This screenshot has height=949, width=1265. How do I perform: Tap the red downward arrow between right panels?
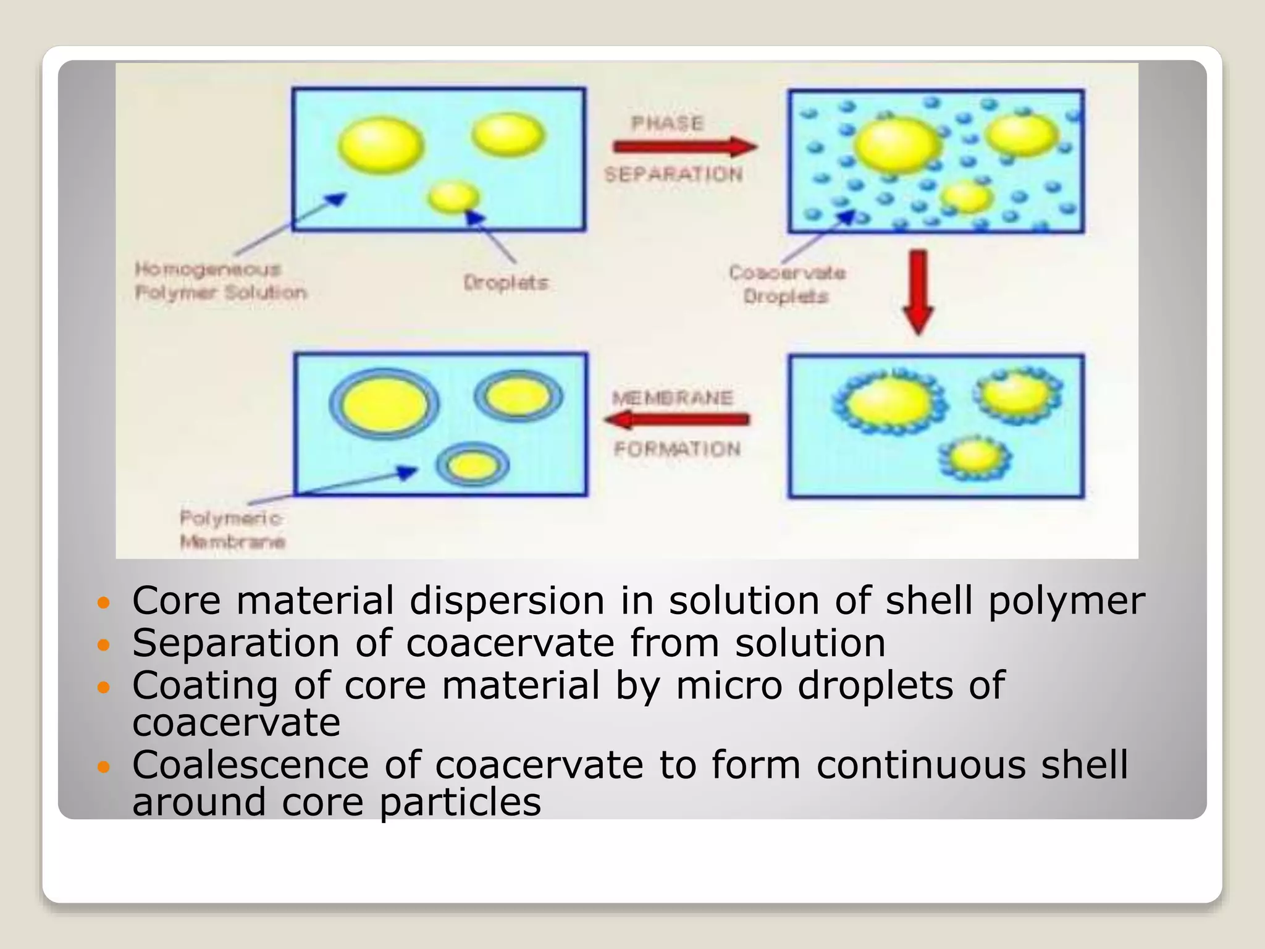pos(918,290)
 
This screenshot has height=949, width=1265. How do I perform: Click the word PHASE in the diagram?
pos(667,123)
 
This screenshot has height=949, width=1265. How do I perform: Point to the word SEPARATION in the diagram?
pos(673,174)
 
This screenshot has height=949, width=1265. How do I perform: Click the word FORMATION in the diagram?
pos(677,449)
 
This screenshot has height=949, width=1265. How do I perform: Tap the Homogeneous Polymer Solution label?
pos(221,280)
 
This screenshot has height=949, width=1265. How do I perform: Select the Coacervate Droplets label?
pos(786,284)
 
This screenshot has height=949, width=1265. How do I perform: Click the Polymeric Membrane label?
pos(232,530)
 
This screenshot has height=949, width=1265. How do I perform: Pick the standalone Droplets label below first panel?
pos(506,282)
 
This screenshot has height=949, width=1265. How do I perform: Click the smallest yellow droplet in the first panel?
pos(454,197)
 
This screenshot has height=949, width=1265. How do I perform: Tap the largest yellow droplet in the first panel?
pos(381,145)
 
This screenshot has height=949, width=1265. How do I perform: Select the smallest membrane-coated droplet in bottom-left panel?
pos(473,465)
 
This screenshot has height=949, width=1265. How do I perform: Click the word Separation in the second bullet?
pos(236,643)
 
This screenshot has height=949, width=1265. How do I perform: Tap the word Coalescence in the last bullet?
pos(250,765)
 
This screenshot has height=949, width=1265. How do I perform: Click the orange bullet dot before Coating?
pos(104,686)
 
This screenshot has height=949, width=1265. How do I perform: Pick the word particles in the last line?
pos(460,803)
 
